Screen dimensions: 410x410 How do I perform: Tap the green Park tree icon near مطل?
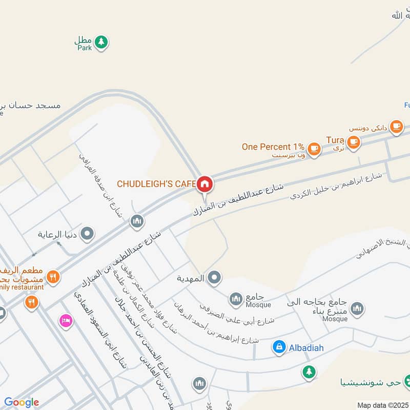click(x=101, y=42)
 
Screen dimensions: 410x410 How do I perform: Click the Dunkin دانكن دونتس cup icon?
click(x=396, y=126)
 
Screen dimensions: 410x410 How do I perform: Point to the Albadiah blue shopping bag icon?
click(x=279, y=347)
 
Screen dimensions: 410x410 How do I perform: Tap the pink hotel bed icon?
click(x=66, y=321)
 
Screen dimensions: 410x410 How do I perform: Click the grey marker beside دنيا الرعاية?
click(x=88, y=235)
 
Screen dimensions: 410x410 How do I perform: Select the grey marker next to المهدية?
click(x=214, y=278)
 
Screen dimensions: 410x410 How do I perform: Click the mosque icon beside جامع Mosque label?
click(x=236, y=298)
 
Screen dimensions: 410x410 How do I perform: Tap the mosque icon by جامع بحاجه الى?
click(x=357, y=308)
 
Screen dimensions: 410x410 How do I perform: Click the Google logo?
click(x=22, y=402)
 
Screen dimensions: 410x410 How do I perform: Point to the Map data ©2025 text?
click(x=382, y=405)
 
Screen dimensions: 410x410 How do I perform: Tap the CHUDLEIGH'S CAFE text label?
click(x=156, y=183)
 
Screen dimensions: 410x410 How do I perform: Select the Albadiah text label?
click(x=305, y=348)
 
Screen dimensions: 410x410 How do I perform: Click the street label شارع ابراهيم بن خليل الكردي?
click(x=336, y=187)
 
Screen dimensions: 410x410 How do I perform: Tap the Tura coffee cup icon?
click(x=353, y=142)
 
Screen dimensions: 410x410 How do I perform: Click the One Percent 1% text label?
click(x=273, y=147)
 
